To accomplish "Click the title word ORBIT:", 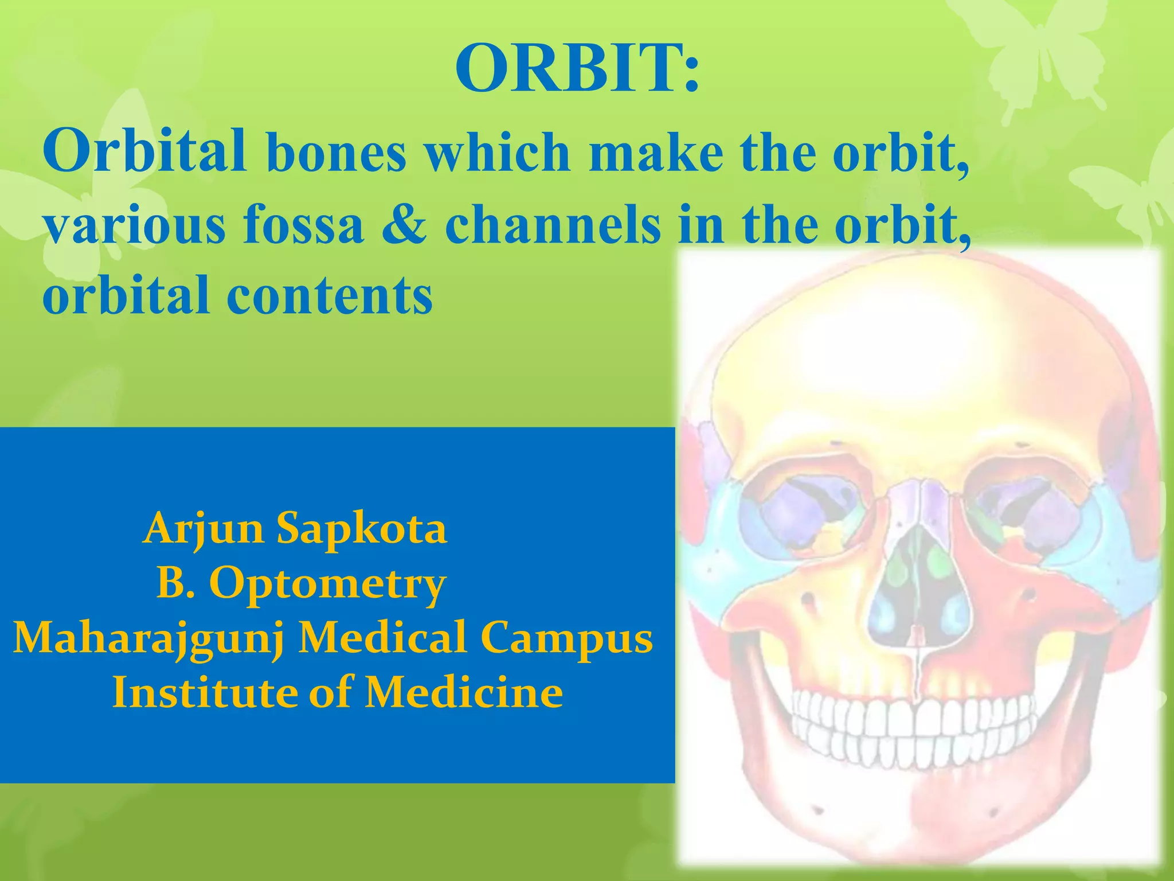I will point(577,69).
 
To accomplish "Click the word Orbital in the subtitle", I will point(144,150).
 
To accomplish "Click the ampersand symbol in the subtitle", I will point(404,225).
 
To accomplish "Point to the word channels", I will point(553,225).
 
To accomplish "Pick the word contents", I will point(330,296).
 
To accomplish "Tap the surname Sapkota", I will point(361,529).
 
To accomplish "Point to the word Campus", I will point(566,638).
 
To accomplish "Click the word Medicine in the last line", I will point(464,692).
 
